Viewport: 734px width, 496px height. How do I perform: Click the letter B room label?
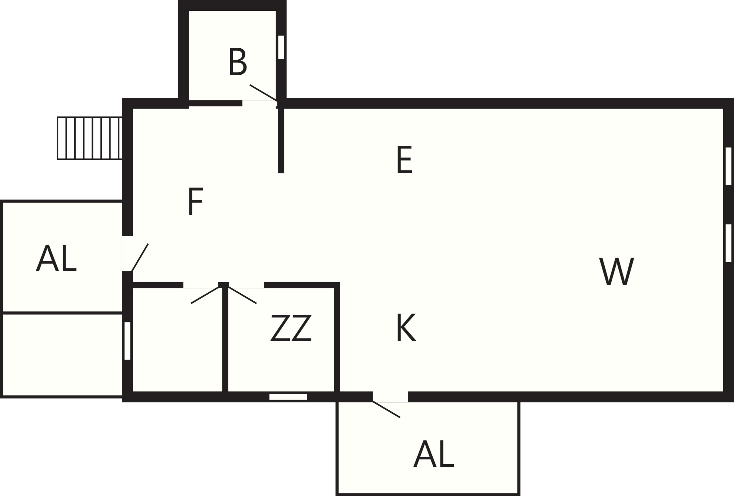[238, 62]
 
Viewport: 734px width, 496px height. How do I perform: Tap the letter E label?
[404, 160]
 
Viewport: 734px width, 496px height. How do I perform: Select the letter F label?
[195, 201]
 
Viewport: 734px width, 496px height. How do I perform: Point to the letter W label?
[616, 271]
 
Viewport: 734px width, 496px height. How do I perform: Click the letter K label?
[406, 328]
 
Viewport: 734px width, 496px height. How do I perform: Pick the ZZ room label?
[291, 328]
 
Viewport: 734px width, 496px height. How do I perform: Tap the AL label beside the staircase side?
[56, 258]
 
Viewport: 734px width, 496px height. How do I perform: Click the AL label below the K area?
[434, 454]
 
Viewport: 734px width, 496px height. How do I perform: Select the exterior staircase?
[90, 138]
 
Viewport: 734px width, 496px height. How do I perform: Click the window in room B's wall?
[281, 47]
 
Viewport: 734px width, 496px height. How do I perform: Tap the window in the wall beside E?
[728, 166]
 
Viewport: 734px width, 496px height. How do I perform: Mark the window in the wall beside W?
[728, 243]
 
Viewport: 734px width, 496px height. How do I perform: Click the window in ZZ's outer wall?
[288, 397]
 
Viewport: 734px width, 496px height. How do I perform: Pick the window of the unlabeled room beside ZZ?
[127, 341]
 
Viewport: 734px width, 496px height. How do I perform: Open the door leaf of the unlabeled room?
[205, 295]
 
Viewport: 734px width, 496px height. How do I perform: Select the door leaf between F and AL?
[140, 257]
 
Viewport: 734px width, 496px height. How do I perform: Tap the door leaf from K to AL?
[386, 409]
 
